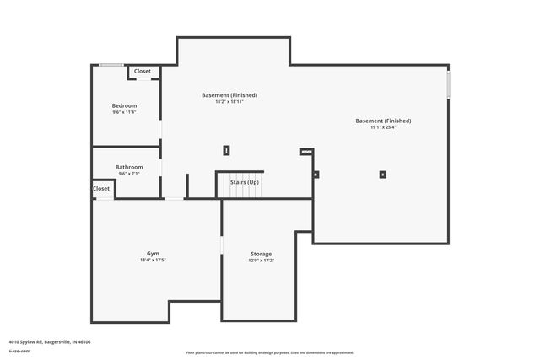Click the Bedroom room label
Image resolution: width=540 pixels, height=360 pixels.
pos(124,105)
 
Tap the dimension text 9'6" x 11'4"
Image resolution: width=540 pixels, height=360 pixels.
pos(124,112)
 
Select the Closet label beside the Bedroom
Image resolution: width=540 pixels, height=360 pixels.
pos(143,72)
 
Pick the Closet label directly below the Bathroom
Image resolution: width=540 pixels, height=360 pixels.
pos(101,189)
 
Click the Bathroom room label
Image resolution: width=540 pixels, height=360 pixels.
pos(129,167)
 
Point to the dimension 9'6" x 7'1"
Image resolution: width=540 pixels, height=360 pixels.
pos(129,175)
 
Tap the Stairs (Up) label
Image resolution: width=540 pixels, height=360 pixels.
pos(245,182)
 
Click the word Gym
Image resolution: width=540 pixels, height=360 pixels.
pos(153,253)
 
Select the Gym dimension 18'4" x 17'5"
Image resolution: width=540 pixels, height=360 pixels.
pos(153,261)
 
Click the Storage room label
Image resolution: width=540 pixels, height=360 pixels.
pos(261,254)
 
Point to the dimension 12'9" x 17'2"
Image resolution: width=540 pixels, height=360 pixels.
pos(261,261)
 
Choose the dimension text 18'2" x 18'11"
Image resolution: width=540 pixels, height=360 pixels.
pos(229,102)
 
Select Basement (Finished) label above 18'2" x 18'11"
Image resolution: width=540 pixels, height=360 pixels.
pos(229,94)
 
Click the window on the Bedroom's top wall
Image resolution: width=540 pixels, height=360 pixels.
pos(111,65)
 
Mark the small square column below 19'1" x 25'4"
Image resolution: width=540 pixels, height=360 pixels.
pos(383,175)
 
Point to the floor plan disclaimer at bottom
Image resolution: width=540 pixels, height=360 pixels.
pos(270,352)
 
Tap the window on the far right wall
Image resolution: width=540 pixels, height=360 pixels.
pos(449,85)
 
